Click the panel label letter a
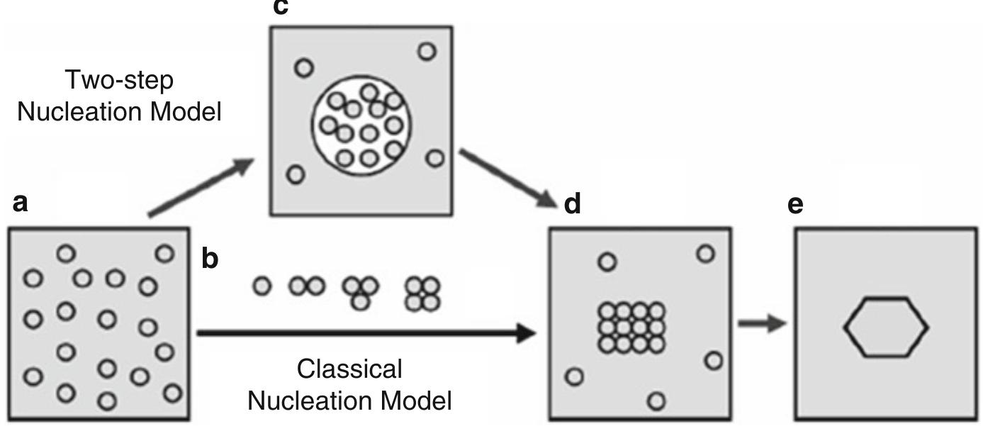click(21, 204)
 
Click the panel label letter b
click(210, 260)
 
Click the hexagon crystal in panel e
click(885, 327)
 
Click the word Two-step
click(118, 81)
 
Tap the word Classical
click(349, 369)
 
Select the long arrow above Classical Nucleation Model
click(365, 332)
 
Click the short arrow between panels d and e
click(762, 323)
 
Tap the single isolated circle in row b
click(263, 286)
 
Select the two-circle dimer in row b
click(307, 286)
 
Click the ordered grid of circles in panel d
click(631, 327)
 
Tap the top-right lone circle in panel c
click(427, 51)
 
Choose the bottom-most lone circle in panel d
click(657, 402)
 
